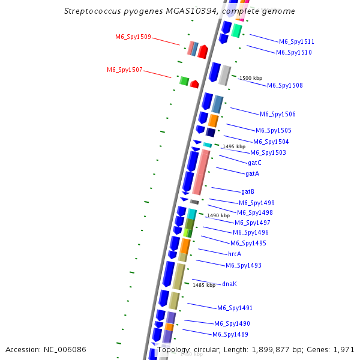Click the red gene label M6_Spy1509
point(133,37)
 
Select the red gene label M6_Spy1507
point(125,70)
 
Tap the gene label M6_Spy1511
point(296,42)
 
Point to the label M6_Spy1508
point(284,85)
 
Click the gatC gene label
point(254,163)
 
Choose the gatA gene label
point(252,173)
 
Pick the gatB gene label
point(248,191)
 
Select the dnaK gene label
point(229,284)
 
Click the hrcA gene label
point(235,254)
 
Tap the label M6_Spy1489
point(230,334)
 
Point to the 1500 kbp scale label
point(251,79)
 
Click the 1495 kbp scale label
point(234,146)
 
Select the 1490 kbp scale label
point(218,215)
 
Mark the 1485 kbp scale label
point(203,285)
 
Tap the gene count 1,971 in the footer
point(344,349)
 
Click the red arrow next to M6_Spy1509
point(203,52)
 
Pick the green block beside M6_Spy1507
point(184,80)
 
